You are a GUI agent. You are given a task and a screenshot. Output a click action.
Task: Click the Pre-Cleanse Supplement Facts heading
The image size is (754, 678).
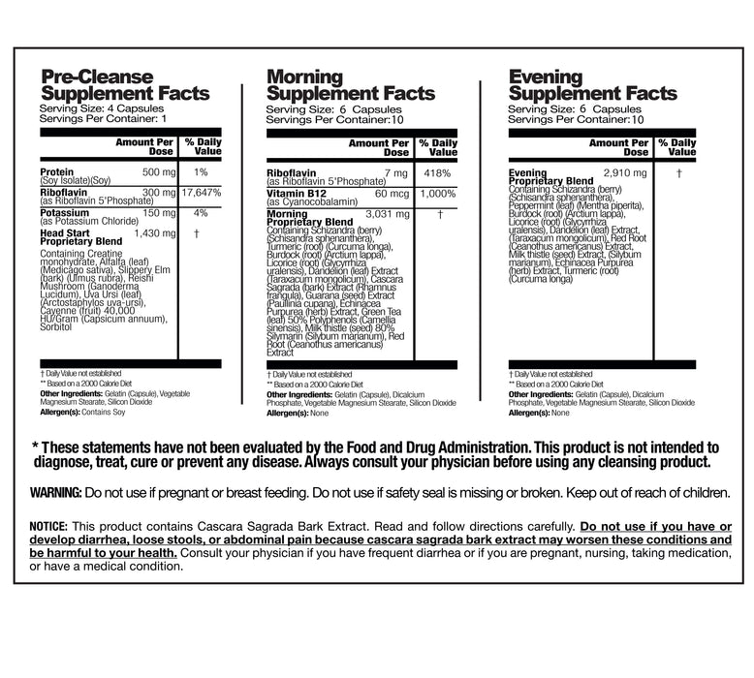pyautogui.click(x=124, y=85)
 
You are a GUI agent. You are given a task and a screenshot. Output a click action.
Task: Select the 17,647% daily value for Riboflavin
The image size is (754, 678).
pyautogui.click(x=202, y=193)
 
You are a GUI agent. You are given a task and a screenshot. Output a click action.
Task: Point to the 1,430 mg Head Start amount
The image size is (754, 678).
pyautogui.click(x=155, y=233)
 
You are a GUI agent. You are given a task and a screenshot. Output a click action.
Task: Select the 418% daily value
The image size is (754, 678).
pyautogui.click(x=436, y=172)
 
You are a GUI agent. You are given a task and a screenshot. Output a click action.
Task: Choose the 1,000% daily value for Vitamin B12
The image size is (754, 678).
pyautogui.click(x=438, y=193)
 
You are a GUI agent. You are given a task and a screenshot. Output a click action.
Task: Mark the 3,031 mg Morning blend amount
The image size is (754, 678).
pyautogui.click(x=391, y=213)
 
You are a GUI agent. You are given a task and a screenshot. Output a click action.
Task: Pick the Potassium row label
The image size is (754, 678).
pyautogui.click(x=65, y=213)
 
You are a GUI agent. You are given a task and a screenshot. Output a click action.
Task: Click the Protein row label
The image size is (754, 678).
pyautogui.click(x=57, y=172)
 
